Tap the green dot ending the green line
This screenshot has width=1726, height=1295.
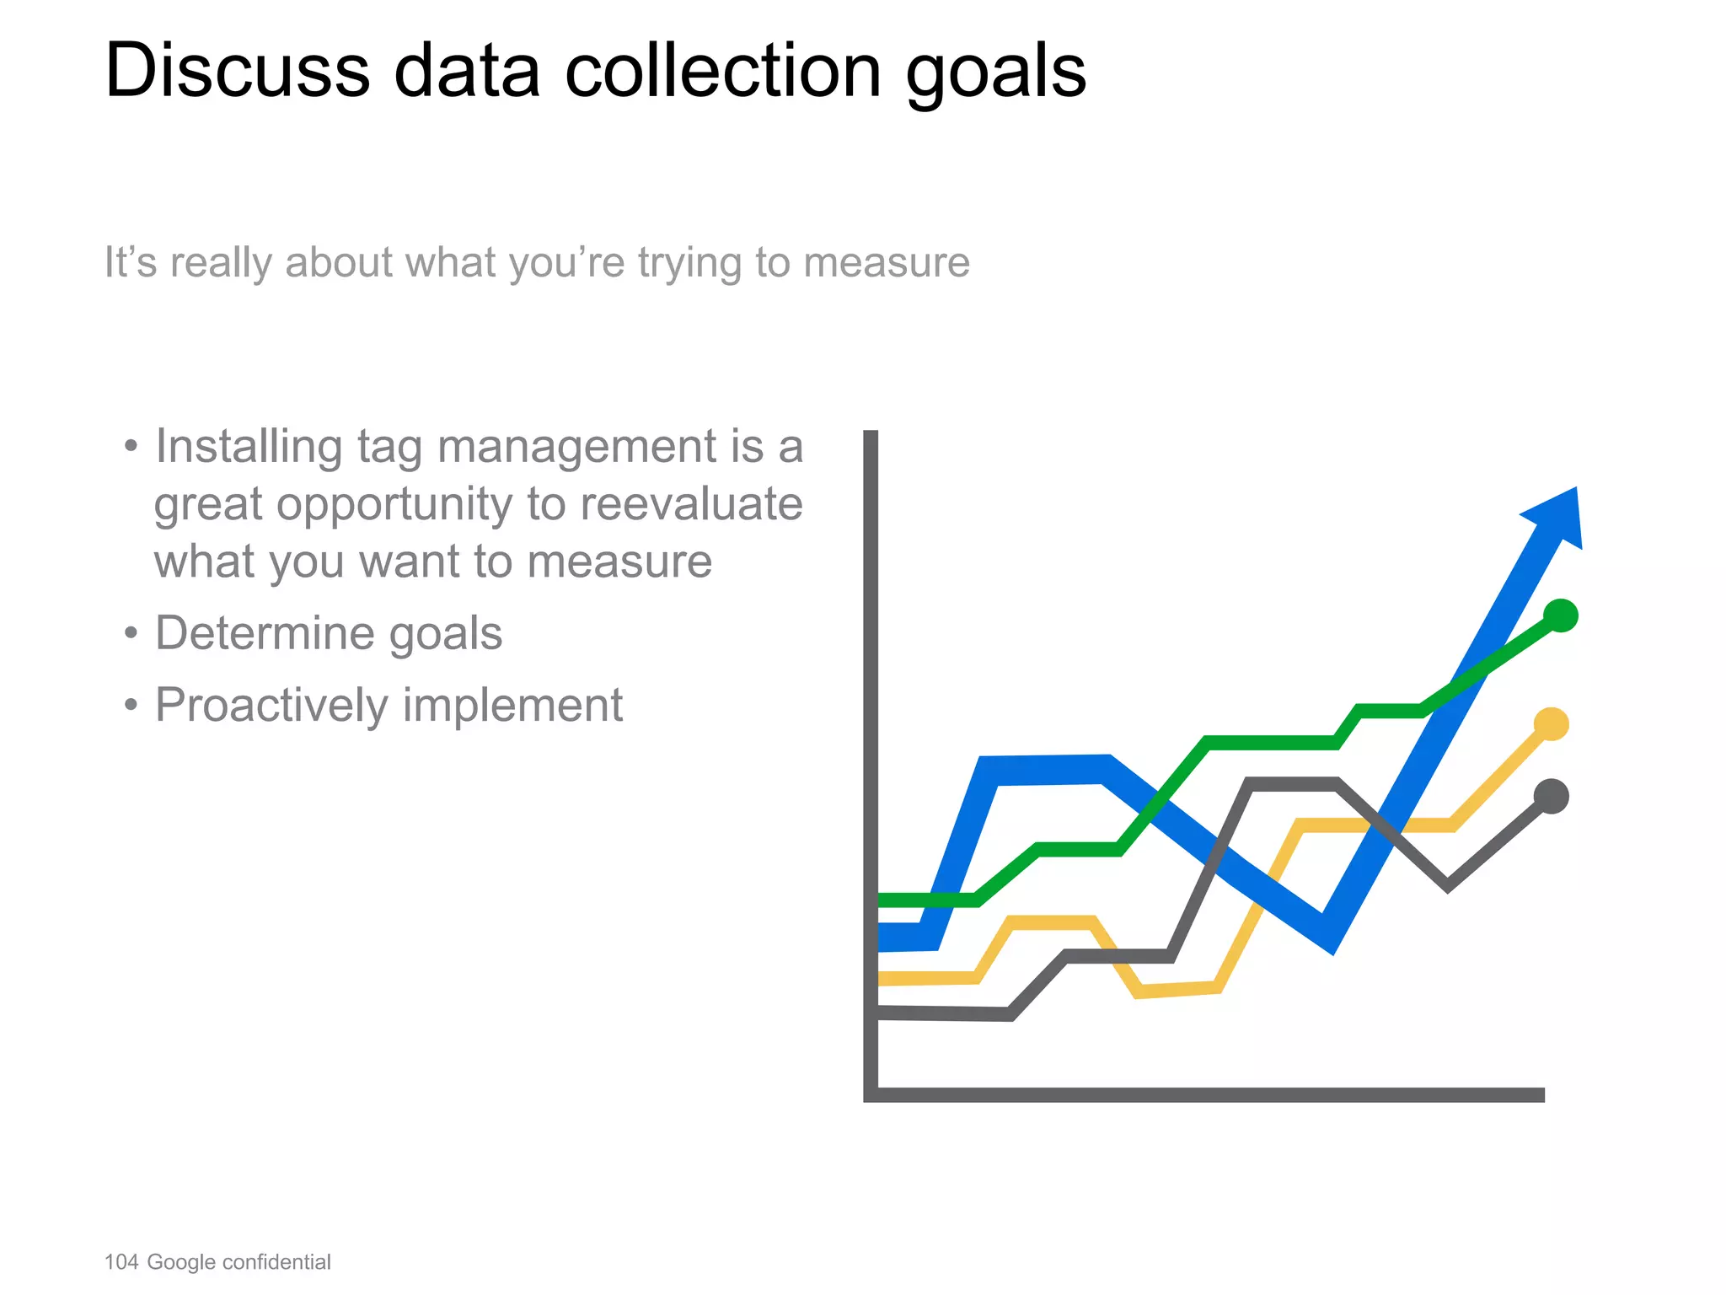point(1561,615)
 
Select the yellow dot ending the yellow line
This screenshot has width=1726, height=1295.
point(1552,724)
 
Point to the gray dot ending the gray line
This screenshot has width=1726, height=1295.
point(1552,797)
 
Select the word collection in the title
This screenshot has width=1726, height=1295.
point(723,71)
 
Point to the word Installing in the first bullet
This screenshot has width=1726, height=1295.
point(249,447)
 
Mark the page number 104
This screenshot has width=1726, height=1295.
point(121,1262)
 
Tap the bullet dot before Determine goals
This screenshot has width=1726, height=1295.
point(130,633)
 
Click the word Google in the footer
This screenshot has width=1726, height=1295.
point(181,1262)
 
